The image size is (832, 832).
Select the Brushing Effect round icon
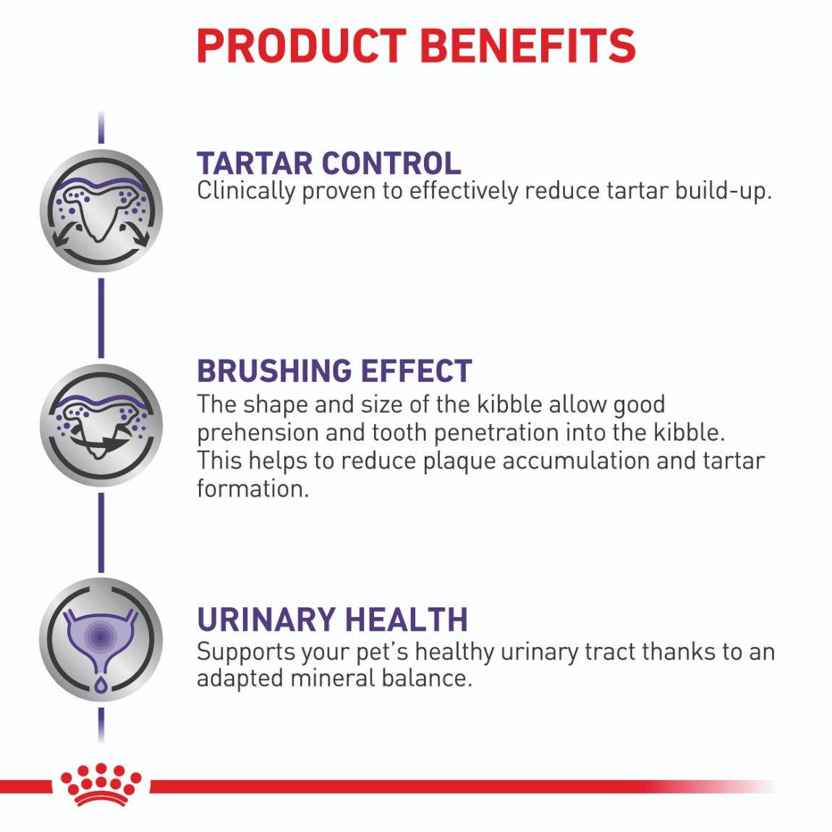101,425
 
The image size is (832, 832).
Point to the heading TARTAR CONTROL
328,163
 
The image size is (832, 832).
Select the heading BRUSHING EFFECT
334,370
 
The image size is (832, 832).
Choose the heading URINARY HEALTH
332,619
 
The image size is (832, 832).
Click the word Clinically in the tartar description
246,192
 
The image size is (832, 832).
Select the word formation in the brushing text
252,488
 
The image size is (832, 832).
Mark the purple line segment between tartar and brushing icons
101,318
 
